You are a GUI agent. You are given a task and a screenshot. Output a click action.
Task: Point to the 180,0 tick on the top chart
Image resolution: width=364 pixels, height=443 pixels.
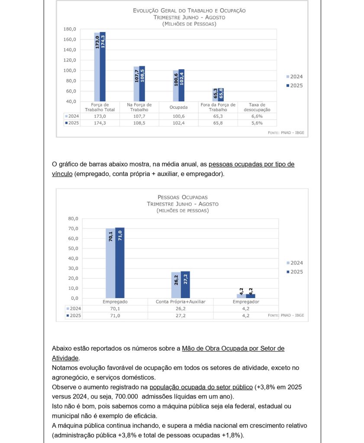[x=70, y=29]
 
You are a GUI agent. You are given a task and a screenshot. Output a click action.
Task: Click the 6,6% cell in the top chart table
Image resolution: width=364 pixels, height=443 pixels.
[x=257, y=116]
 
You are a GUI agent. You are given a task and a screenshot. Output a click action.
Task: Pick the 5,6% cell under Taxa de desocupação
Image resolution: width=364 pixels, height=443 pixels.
[x=257, y=123]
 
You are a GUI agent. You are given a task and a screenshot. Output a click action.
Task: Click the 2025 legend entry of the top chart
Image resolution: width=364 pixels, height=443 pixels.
[x=294, y=86]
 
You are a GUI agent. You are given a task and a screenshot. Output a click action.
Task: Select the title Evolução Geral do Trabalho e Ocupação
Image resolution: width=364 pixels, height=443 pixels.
[x=189, y=10]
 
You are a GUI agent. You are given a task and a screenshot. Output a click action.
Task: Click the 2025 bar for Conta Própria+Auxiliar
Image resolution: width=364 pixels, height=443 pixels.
[x=185, y=284]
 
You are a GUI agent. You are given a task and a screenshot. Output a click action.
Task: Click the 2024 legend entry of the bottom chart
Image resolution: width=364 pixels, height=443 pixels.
[x=294, y=263]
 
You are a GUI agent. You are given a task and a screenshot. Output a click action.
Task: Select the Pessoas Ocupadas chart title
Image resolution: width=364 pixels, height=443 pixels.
[x=183, y=197]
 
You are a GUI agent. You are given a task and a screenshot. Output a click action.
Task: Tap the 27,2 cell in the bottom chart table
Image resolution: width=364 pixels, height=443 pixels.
[x=180, y=316]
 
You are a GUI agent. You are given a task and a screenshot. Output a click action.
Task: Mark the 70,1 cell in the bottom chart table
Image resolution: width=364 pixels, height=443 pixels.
[x=115, y=308]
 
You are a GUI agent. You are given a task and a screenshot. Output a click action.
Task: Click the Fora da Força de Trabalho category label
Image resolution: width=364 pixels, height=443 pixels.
[x=218, y=107]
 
